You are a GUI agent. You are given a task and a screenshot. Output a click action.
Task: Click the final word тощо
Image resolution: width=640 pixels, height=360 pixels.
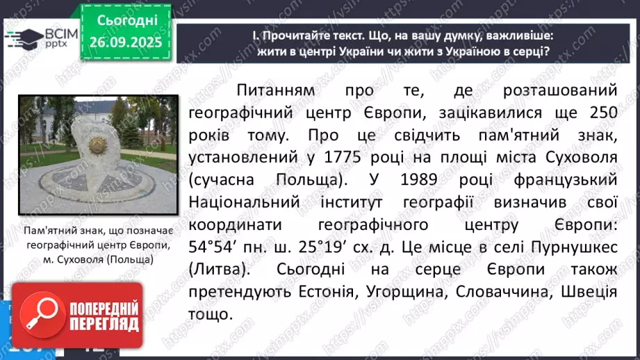click(x=209, y=315)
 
